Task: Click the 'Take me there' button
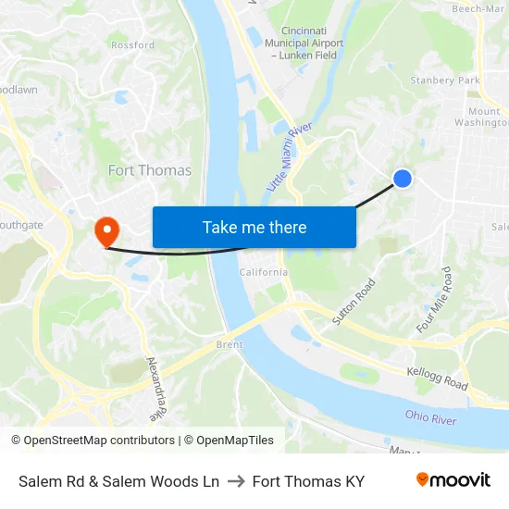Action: (254, 228)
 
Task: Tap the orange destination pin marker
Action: (106, 230)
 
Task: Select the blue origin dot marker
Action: (403, 179)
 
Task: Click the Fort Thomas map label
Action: (150, 170)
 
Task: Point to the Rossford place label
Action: (133, 44)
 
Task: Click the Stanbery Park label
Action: (445, 81)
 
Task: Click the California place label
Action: (264, 272)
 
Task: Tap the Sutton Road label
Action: (354, 302)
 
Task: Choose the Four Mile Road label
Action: (434, 300)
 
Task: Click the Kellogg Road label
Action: (437, 377)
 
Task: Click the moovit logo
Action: (453, 480)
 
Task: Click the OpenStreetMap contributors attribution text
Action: (93, 441)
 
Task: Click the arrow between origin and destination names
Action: (235, 481)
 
